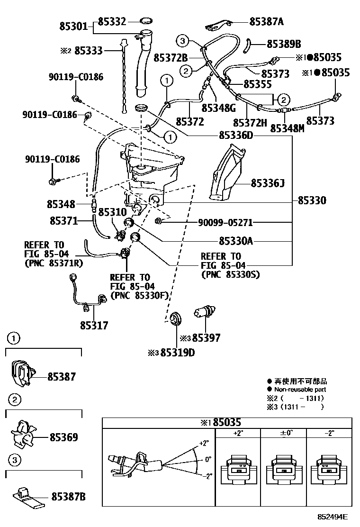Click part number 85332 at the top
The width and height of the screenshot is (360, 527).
(112, 21)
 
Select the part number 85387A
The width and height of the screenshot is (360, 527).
(266, 21)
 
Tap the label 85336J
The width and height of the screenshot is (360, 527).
(268, 183)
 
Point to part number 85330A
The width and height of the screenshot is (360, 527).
(236, 241)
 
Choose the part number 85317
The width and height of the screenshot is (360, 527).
(94, 326)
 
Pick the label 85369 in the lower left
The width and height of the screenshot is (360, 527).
(64, 436)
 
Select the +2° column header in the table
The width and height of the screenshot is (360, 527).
(238, 433)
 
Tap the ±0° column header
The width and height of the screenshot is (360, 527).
(283, 433)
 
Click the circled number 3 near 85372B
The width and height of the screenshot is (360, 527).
(184, 41)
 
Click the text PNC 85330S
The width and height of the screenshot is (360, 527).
(231, 274)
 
